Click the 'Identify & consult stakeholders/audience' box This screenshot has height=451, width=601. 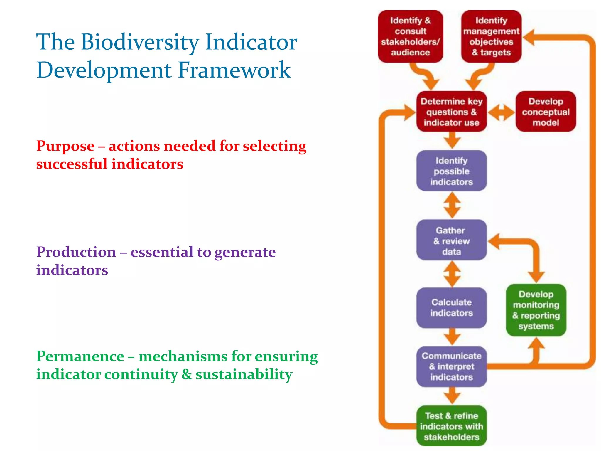click(x=410, y=36)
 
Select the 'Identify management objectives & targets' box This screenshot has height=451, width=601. click(x=491, y=36)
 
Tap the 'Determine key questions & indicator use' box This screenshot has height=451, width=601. click(x=451, y=112)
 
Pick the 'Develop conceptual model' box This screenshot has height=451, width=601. click(x=546, y=112)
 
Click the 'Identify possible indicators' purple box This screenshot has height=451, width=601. click(x=451, y=171)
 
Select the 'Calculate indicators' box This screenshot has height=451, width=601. click(x=451, y=307)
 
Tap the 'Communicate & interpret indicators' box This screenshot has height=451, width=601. click(x=451, y=366)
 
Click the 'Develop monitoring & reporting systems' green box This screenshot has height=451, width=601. click(x=536, y=310)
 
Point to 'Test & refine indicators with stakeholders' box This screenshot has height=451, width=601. click(x=451, y=426)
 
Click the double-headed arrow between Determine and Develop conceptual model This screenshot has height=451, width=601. click(x=501, y=112)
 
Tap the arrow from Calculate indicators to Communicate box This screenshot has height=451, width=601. click(x=452, y=336)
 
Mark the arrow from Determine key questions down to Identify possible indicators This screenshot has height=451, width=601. click(x=452, y=140)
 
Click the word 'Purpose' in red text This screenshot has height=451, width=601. click(x=65, y=146)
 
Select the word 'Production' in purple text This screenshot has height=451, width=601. click(x=76, y=252)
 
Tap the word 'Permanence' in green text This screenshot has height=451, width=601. click(x=80, y=356)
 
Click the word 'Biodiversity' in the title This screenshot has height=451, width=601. click(x=140, y=42)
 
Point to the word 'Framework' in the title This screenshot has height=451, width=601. click(x=234, y=70)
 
